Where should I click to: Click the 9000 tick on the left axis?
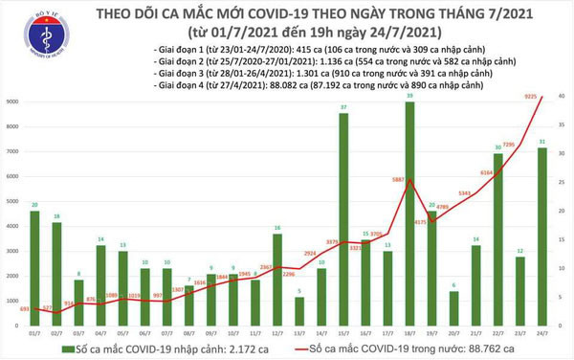pos(14,101)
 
